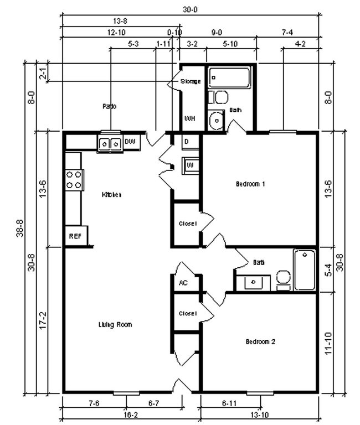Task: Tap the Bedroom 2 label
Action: [260, 341]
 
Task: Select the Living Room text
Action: [115, 324]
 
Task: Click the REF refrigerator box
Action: [75, 236]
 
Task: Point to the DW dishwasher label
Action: [130, 142]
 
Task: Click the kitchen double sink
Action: [110, 143]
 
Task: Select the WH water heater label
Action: [189, 119]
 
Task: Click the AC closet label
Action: [183, 282]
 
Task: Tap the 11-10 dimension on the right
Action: [328, 344]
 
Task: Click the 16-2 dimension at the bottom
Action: [131, 414]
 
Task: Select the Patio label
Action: [109, 106]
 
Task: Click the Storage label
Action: [191, 81]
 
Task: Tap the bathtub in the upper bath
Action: [229, 77]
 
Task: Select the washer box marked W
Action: [189, 165]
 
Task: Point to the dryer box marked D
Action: [187, 142]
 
